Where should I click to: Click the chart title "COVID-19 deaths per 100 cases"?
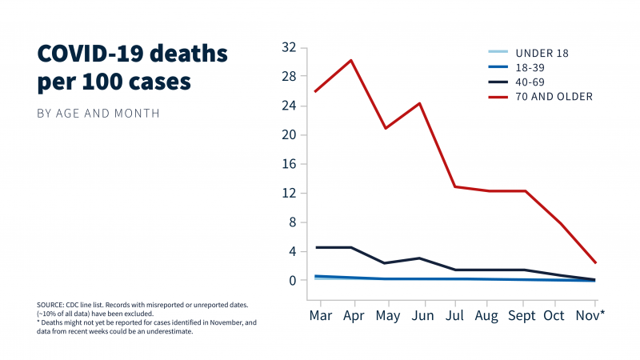pyautogui.click(x=132, y=68)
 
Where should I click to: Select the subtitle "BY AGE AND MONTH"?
pyautogui.click(x=98, y=114)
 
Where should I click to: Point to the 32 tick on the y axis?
pyautogui.click(x=289, y=47)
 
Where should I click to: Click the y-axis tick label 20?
pyautogui.click(x=289, y=134)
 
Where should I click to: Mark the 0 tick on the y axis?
pyautogui.click(x=293, y=281)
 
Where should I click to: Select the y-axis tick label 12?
pyautogui.click(x=289, y=193)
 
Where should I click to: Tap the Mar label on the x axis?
pyautogui.click(x=320, y=315)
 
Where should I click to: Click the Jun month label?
pyautogui.click(x=421, y=315)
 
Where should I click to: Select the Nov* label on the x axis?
pyautogui.click(x=591, y=315)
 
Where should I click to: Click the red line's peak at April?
pyautogui.click(x=351, y=60)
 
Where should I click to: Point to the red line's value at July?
pyautogui.click(x=454, y=186)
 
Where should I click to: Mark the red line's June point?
pyautogui.click(x=420, y=103)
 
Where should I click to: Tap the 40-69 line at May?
pyautogui.click(x=386, y=263)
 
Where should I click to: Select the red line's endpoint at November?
pyautogui.click(x=596, y=262)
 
